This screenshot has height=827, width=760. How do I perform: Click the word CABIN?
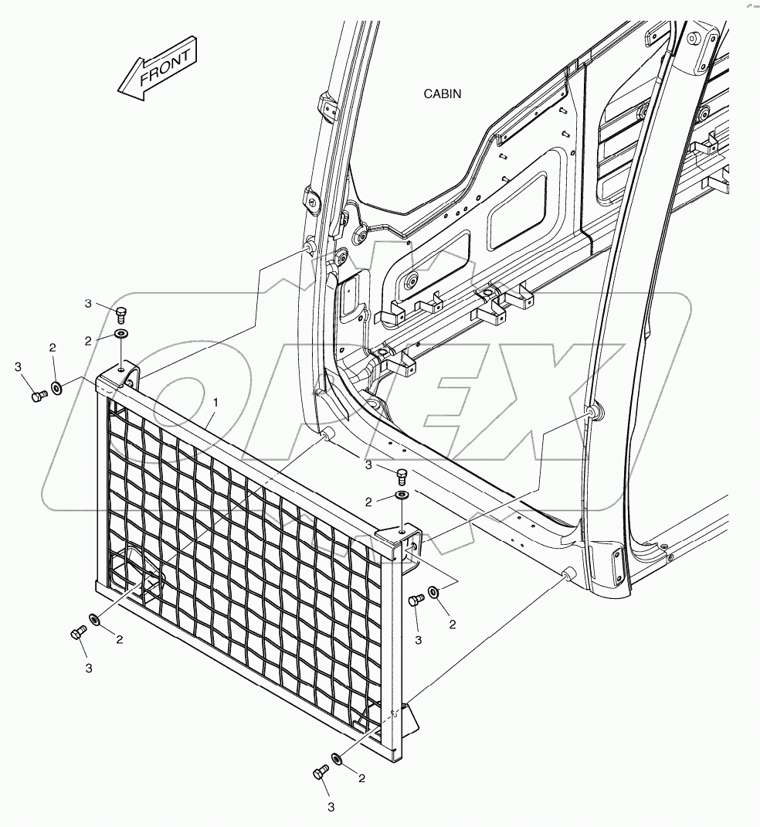tap(442, 94)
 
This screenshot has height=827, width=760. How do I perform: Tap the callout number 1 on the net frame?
tap(215, 403)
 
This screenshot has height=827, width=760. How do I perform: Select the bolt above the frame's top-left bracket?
tap(121, 312)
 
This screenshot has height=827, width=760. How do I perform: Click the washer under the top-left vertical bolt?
tap(122, 334)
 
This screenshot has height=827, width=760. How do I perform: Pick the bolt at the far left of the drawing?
tap(39, 396)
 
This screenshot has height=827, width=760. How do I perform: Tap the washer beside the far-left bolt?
tap(57, 386)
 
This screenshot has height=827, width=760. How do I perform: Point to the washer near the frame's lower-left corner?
tap(94, 620)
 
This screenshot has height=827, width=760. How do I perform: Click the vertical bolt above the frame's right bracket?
tap(401, 474)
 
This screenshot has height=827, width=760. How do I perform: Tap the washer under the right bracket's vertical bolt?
tap(402, 495)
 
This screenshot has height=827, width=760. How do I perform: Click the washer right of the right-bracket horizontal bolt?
tap(434, 591)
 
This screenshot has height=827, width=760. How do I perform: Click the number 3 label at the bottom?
tap(331, 808)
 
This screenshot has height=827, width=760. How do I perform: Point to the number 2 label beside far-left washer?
tap(53, 349)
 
